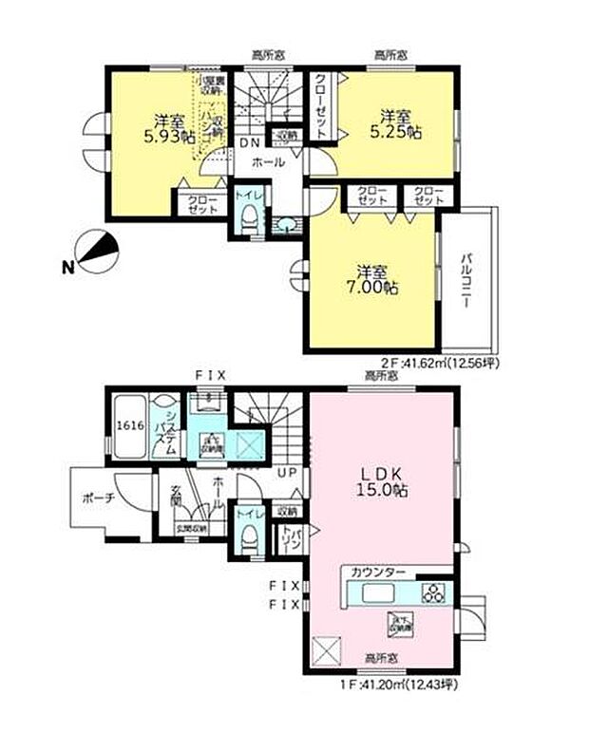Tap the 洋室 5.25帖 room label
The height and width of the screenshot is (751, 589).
point(399,124)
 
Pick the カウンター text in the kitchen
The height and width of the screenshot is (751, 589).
point(377,572)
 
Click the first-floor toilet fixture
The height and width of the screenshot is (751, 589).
point(247,539)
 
